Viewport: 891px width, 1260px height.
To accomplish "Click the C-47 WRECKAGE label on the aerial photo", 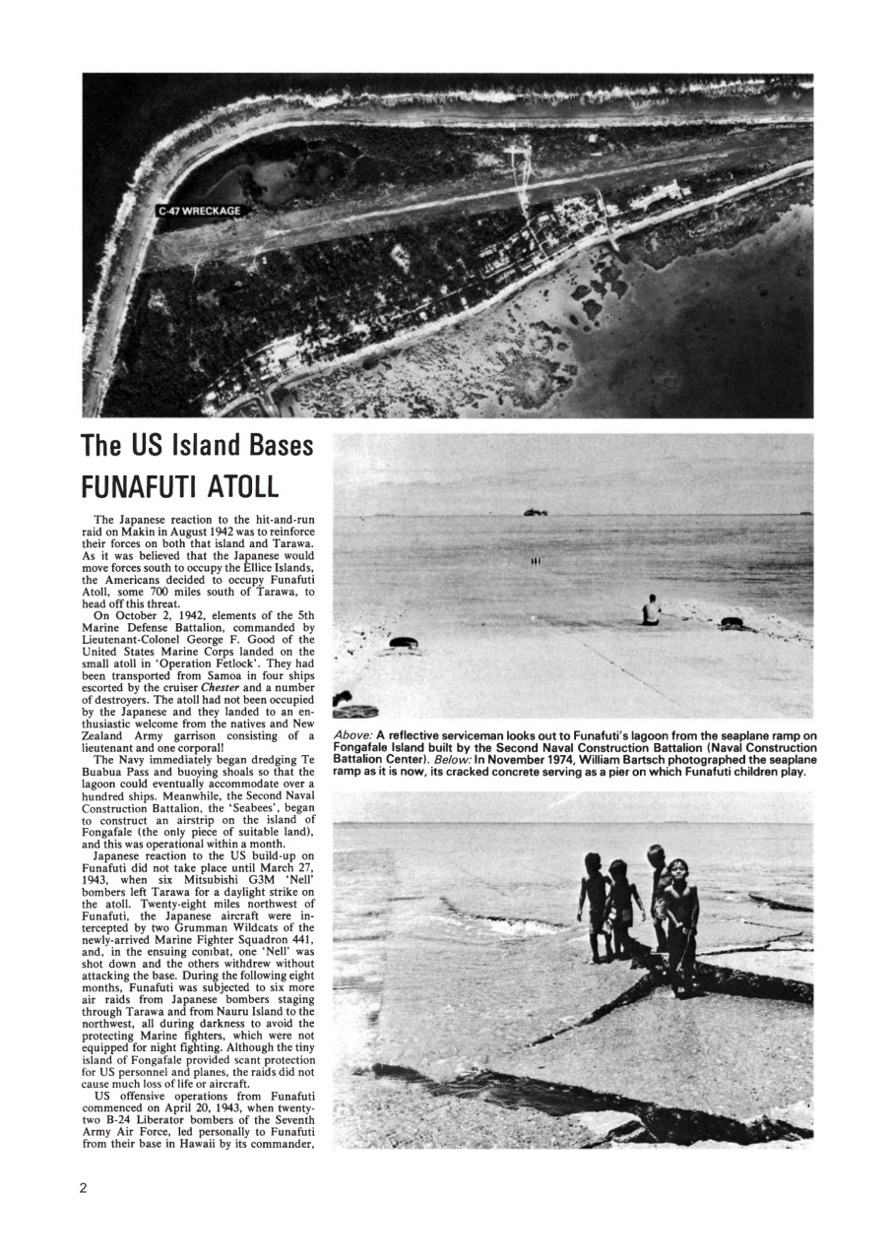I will pos(200,211).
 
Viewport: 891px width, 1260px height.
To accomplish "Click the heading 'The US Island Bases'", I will pos(198,447).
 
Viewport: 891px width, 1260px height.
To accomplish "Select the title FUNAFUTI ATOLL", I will pos(180,486).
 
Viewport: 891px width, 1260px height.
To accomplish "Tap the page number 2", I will pos(84,1187).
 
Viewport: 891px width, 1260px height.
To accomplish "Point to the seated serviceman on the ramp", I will pos(650,610).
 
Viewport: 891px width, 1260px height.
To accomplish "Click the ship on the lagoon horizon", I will pos(536,512).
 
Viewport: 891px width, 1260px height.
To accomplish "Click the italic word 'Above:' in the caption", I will pos(352,735).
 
